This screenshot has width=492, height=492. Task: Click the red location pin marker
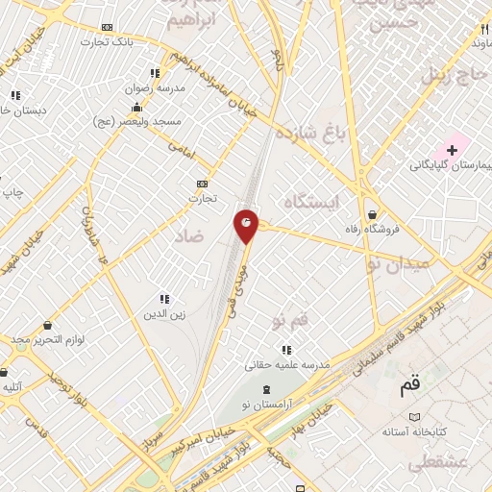point(246,225)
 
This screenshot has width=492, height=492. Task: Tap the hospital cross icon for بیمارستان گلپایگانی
point(451,151)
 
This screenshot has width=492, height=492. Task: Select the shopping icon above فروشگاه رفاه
point(371,214)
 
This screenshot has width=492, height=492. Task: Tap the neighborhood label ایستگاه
point(313,201)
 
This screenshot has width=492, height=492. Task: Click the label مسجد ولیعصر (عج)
point(137,121)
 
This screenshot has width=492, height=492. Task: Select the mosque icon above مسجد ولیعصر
point(137,107)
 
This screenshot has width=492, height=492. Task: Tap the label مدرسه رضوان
point(154,86)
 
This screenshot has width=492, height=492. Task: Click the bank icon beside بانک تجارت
point(106,27)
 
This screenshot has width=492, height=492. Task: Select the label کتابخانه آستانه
point(414,431)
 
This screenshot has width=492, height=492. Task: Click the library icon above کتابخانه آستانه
point(414,417)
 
